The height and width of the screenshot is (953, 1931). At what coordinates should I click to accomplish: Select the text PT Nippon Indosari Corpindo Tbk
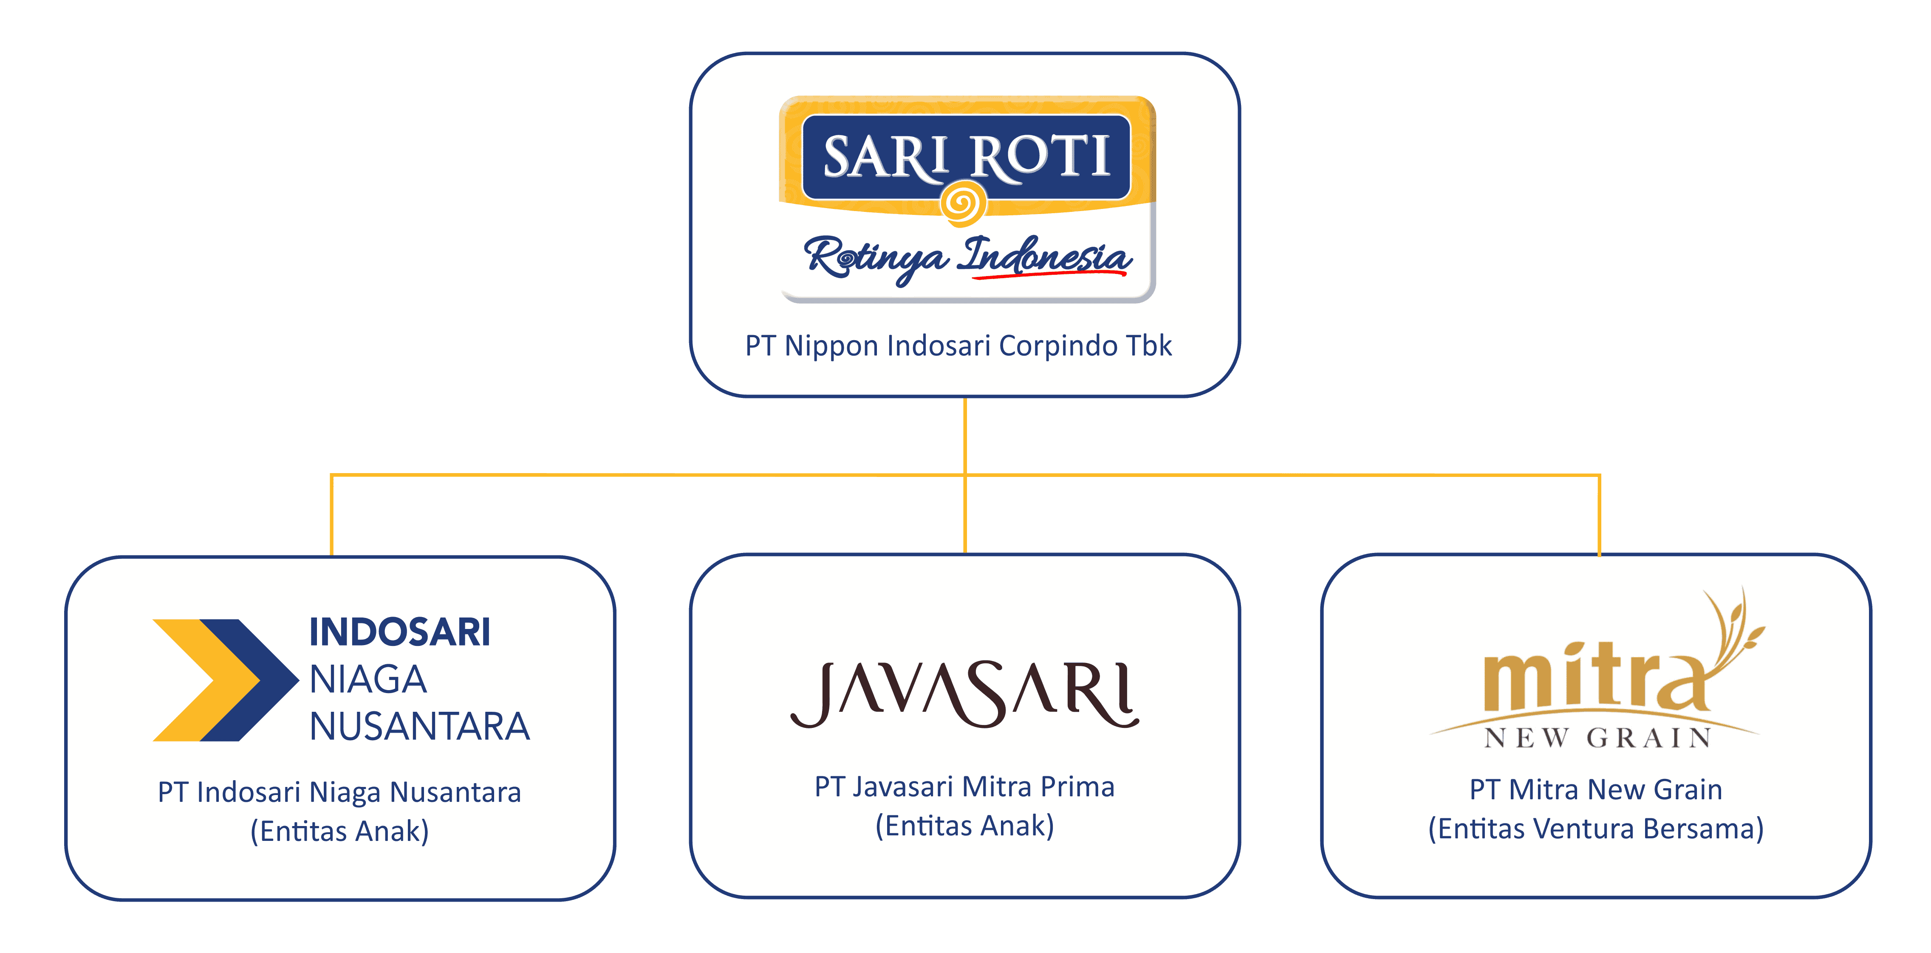click(x=958, y=346)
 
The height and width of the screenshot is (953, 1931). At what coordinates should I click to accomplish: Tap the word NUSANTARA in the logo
click(x=420, y=726)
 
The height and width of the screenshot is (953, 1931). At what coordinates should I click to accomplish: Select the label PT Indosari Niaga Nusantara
click(x=339, y=792)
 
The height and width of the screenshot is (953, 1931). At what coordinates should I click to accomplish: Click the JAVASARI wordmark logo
click(x=965, y=694)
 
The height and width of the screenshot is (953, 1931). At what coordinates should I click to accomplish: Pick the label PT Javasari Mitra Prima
click(x=965, y=787)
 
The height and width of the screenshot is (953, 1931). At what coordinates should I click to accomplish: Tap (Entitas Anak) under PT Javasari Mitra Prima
click(x=965, y=826)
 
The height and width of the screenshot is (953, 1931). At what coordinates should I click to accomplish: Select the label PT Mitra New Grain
click(x=1596, y=789)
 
